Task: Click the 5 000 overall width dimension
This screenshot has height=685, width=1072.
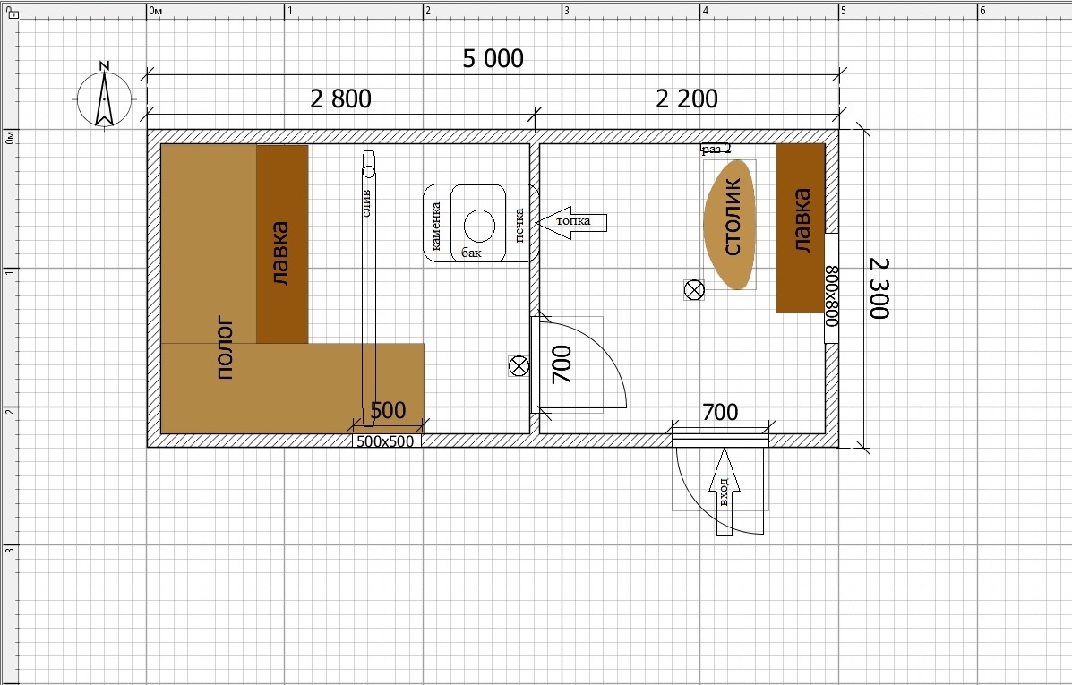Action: pos(493,59)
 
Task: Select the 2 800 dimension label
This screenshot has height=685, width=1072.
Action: pos(340,99)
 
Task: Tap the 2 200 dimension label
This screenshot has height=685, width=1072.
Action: pos(686,99)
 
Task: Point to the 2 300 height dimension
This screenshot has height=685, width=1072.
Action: pos(879,287)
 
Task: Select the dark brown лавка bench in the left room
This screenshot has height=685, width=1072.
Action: pos(282,244)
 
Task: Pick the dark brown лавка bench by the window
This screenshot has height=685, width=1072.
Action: pos(801,227)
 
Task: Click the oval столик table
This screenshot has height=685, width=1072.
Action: pos(730,224)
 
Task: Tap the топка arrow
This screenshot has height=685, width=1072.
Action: pos(571,221)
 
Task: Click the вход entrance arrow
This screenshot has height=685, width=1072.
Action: pos(724,492)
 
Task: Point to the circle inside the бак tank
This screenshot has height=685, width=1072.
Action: pos(479,225)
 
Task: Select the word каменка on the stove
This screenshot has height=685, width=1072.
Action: pos(435,225)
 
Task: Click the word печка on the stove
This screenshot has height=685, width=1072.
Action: pos(519,225)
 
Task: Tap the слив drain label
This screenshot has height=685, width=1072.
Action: pos(366,203)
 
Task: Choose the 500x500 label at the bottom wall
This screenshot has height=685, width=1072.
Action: pos(386,441)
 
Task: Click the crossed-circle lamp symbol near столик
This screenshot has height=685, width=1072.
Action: pos(694,290)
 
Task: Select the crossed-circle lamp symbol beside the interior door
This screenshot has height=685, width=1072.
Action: pos(519,366)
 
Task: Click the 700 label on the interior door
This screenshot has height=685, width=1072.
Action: pos(562,364)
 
